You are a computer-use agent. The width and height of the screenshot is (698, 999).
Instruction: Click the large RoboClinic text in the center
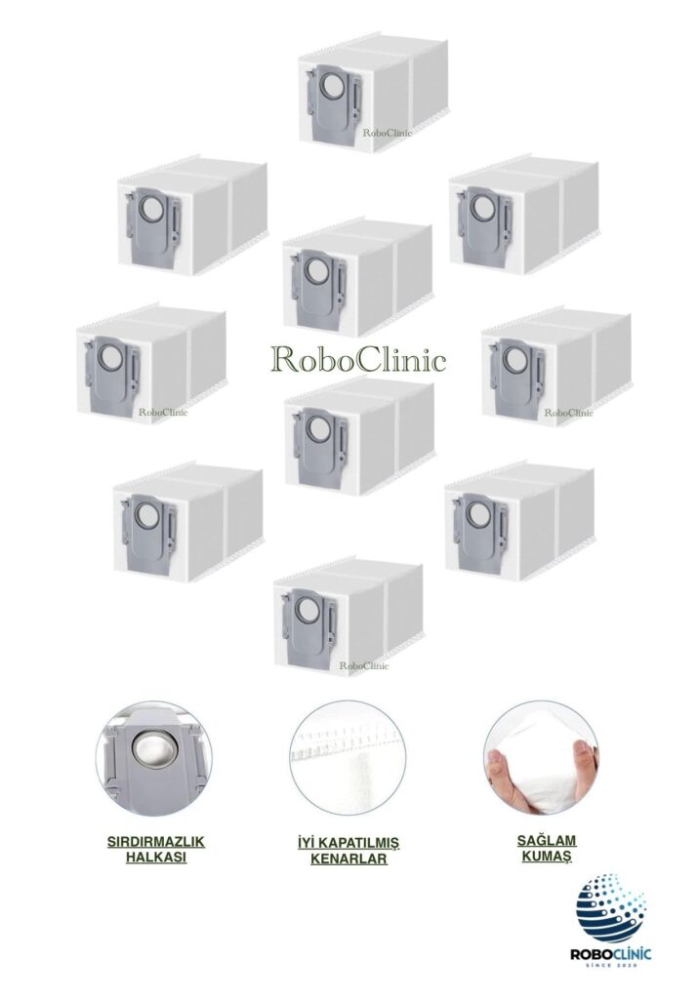tap(358, 359)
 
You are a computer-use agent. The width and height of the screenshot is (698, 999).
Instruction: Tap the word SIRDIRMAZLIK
tap(156, 842)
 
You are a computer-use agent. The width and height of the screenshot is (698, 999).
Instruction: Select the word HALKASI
tap(156, 857)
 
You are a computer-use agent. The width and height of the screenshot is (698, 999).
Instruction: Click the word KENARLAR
tap(349, 859)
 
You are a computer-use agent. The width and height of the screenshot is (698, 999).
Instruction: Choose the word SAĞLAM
tap(547, 841)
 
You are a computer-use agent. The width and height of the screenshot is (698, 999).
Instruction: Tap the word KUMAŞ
tap(547, 857)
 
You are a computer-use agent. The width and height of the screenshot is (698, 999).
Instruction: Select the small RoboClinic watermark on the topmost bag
tap(388, 133)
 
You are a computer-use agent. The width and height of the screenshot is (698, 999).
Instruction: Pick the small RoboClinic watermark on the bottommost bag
tap(363, 665)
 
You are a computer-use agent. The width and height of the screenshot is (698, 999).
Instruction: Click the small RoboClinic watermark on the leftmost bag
tap(163, 412)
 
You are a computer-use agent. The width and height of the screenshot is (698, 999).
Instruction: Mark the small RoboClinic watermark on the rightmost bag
tap(568, 413)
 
